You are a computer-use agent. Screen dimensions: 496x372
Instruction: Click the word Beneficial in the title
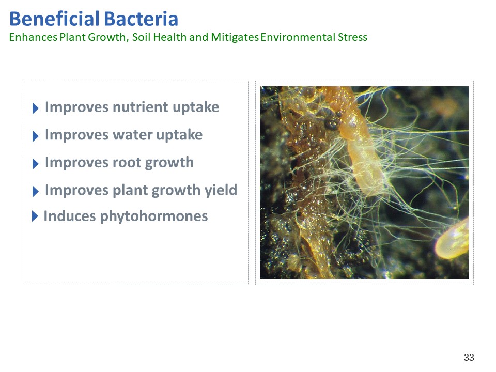pos(54,19)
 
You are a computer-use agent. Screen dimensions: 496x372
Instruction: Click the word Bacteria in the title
pos(141,19)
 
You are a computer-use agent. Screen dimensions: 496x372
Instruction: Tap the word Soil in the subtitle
pos(142,37)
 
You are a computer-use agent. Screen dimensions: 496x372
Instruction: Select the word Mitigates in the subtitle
pos(235,37)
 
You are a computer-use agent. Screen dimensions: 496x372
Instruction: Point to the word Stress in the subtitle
pos(352,37)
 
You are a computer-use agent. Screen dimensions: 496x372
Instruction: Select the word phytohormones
pos(154,216)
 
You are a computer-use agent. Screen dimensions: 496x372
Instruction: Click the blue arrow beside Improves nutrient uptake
pos(36,108)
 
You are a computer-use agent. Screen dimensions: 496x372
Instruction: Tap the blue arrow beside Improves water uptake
pos(36,136)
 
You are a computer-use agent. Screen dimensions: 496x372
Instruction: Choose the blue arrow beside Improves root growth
pos(36,164)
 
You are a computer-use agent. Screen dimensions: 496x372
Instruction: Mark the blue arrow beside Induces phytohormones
pos(35,216)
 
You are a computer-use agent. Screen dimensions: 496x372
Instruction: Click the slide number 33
pos(469,358)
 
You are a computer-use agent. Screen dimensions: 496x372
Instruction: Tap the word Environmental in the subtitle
pos(298,37)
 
